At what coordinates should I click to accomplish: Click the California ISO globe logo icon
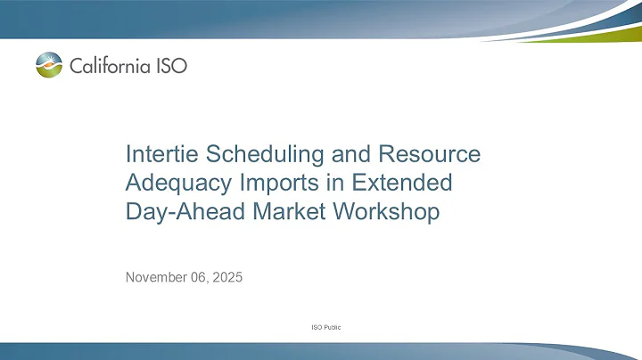[x=51, y=64]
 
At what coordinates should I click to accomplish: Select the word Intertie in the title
[x=159, y=154]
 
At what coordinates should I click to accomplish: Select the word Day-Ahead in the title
[x=175, y=213]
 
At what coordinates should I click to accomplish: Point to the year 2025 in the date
[x=226, y=277]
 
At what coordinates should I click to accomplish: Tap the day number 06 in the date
[x=199, y=277]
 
